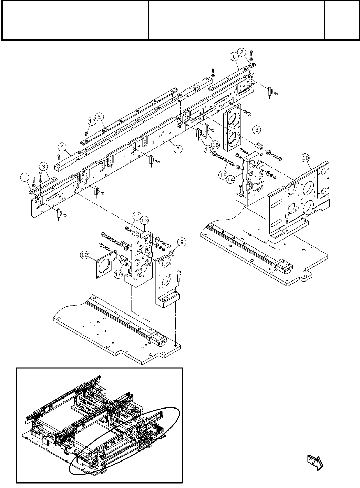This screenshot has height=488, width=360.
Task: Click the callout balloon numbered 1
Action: [x=25, y=178]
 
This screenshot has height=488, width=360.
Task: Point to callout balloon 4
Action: [x=62, y=148]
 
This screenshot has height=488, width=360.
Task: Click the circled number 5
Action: [x=99, y=117]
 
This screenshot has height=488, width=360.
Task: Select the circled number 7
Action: [x=178, y=149]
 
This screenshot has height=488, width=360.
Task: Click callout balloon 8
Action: [x=257, y=130]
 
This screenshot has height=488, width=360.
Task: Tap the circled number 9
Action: [x=182, y=242]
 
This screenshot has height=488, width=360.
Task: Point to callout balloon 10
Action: [x=305, y=158]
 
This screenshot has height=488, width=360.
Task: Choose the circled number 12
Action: [x=84, y=255]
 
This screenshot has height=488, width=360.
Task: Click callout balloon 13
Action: [x=144, y=220]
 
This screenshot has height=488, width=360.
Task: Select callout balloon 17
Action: [x=91, y=121]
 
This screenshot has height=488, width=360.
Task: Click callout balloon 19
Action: [x=119, y=274]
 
